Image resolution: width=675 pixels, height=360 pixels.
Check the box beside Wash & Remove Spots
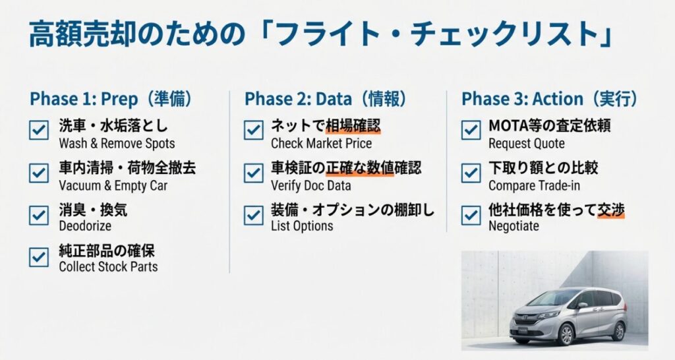pyautogui.click(x=39, y=131)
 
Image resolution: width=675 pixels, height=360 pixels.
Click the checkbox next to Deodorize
pyautogui.click(x=39, y=216)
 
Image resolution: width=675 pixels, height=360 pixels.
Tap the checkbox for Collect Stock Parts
pyautogui.click(x=39, y=257)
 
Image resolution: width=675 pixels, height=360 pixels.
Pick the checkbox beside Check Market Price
pyautogui.click(x=254, y=131)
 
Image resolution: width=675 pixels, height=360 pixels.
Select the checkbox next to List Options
pyautogui.click(x=254, y=216)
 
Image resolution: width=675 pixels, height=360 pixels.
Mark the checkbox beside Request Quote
pyautogui.click(x=471, y=131)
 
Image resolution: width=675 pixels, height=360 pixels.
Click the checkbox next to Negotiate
pyautogui.click(x=471, y=216)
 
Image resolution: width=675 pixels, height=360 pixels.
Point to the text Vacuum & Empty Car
pyautogui.click(x=113, y=185)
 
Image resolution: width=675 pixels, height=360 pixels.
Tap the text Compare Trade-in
pyautogui.click(x=534, y=185)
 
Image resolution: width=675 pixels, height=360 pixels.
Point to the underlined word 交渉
pyautogui.click(x=611, y=210)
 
